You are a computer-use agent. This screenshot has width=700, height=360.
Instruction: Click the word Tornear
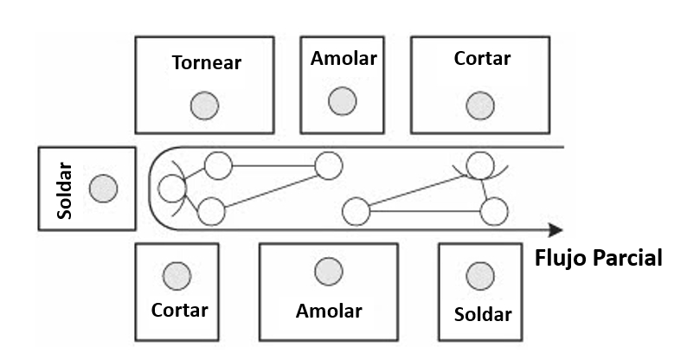206,63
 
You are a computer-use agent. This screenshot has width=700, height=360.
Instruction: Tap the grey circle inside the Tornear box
205,106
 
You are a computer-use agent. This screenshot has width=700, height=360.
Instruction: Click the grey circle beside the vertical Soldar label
104,188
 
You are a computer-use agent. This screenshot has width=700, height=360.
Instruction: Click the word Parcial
629,257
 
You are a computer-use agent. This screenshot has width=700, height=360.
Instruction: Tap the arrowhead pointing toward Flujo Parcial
556,229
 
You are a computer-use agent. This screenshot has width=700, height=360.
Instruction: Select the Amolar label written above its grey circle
344,60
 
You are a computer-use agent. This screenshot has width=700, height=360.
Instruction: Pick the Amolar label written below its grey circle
329,310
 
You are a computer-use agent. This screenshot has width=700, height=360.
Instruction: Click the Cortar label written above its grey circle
482,59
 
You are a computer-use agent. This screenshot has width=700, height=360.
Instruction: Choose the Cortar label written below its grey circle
180,309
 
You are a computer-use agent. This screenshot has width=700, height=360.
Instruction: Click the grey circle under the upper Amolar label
343,100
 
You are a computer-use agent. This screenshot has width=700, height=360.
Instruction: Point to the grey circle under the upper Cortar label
479,106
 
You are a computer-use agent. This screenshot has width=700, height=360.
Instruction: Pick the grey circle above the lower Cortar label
177,275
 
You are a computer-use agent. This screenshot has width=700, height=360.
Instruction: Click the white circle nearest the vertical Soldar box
173,188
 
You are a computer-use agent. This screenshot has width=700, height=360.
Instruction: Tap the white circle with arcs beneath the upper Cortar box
479,163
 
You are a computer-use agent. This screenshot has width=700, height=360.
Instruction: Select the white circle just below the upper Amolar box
329,164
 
